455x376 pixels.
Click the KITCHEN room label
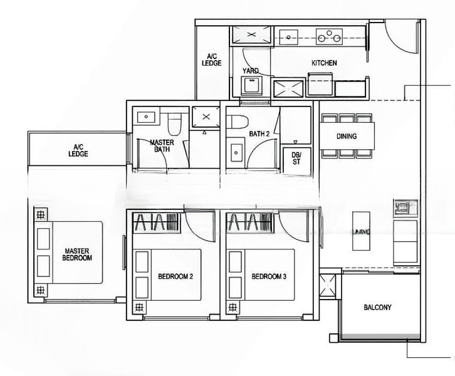pos(324,63)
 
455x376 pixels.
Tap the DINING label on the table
pos(347,136)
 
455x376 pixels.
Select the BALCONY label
pos(377,307)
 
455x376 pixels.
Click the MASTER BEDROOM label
pos(77,254)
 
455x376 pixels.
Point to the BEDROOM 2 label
pos(175,276)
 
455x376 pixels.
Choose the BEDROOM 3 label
pos(269,276)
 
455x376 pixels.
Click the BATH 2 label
pos(259,133)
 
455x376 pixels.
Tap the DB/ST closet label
pos(296,159)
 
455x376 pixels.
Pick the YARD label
pos(251,71)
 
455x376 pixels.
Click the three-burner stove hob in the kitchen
pos(329,36)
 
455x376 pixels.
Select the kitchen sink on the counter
pos(289,37)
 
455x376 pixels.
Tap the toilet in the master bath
pos(174,125)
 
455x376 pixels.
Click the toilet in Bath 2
pos(237,122)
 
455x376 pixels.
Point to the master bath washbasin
pos(146,117)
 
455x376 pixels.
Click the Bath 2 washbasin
pos(236,153)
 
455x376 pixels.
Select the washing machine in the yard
pos(251,86)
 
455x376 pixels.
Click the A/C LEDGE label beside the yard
pos(212,60)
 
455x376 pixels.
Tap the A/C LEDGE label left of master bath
pos(78,150)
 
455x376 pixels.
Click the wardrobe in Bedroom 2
pos(157,222)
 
